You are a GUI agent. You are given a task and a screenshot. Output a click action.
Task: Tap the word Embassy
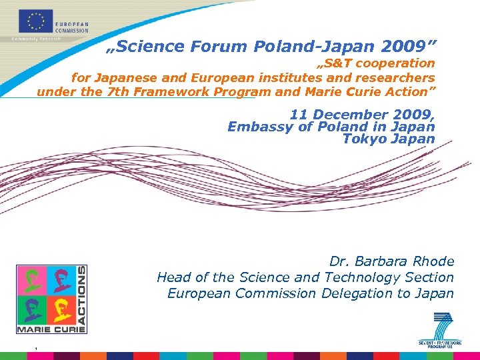tap(257, 127)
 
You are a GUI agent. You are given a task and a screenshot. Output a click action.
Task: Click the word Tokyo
tap(363, 139)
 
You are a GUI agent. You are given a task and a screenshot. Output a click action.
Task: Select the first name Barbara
tap(380, 261)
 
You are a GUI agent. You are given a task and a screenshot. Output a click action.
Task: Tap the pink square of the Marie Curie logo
tap(31, 280)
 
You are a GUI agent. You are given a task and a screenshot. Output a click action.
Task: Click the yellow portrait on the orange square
tap(63, 308)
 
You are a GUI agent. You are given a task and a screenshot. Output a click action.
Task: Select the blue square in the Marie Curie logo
tap(63, 280)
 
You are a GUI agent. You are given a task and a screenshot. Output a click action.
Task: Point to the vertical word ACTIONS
tap(81, 293)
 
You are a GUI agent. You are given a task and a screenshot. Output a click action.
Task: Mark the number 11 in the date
tap(298, 114)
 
